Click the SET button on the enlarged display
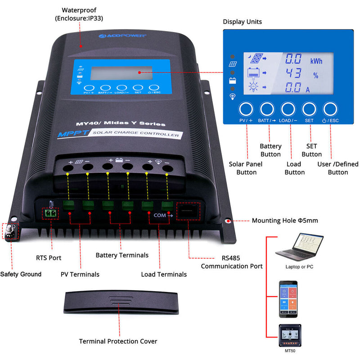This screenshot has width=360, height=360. coord(309,109)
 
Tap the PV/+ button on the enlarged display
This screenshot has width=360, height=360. coord(245,109)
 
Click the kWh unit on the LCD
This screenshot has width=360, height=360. coord(316,60)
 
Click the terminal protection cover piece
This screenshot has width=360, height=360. coord(122,303)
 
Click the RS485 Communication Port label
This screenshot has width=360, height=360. coord(232,262)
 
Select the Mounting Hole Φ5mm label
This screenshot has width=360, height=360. coord(284,220)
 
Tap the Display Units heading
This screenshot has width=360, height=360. coord(242,22)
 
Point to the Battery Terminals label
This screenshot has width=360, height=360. coord(122,255)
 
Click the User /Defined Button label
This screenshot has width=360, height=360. coord(337,168)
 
